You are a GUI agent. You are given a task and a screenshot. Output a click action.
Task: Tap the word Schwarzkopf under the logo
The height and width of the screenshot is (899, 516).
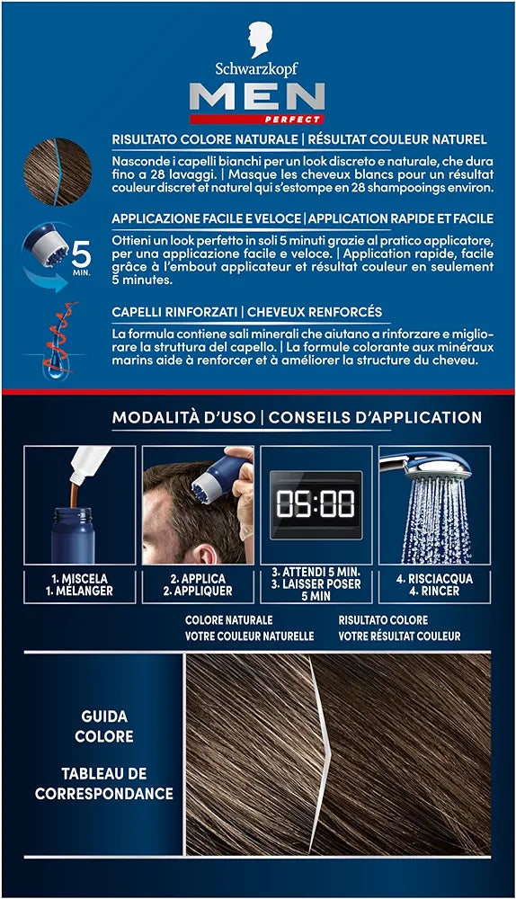[257, 70]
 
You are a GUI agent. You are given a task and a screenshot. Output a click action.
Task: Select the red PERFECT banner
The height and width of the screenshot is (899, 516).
[257, 120]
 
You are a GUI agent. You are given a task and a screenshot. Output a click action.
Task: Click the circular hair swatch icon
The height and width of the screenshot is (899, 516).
[58, 172]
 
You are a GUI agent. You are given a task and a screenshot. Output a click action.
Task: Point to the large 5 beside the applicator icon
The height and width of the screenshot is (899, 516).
[81, 254]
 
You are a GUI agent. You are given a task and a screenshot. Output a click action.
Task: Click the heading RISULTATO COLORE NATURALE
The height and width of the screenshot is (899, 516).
[204, 139]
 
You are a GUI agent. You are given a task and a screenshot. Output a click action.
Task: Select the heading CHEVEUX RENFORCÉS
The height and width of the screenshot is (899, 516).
[315, 312]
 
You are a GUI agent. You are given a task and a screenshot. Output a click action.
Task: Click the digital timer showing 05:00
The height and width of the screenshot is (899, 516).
[316, 505]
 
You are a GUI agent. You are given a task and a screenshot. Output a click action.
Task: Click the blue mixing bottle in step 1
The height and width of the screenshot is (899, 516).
[73, 536]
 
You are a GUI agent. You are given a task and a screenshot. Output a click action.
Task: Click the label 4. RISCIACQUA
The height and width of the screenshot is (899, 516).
[434, 579]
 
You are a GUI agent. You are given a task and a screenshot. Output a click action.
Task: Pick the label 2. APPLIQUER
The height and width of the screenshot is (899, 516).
[198, 592]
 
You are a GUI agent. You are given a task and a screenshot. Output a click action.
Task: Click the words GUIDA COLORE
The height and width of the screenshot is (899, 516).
[104, 725]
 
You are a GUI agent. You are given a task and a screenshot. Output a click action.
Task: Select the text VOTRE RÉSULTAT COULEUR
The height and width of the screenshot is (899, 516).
[399, 636]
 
